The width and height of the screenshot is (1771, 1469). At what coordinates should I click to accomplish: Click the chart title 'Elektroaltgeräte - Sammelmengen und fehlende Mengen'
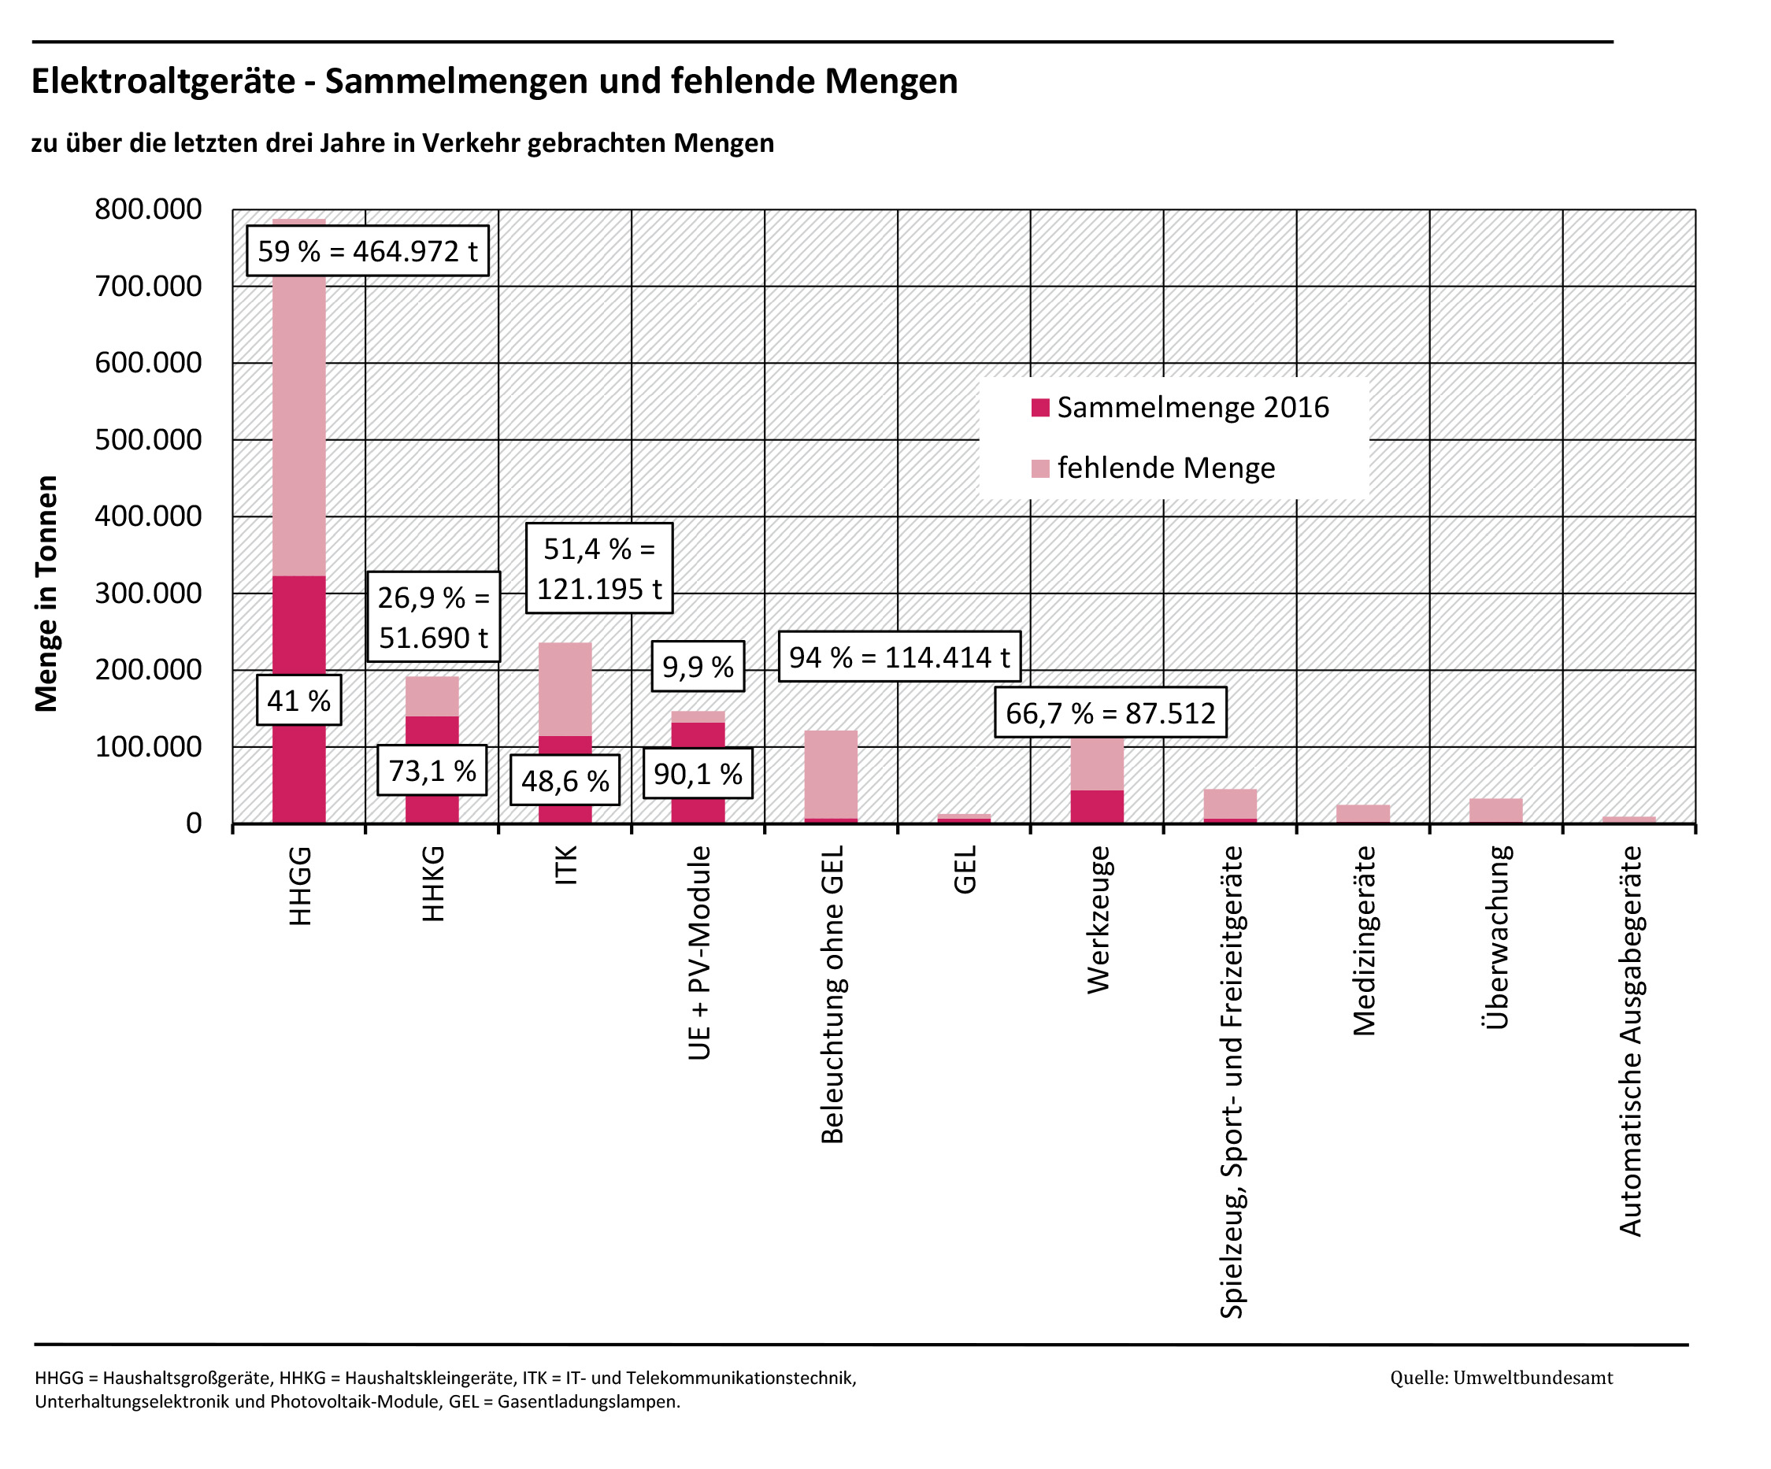tap(495, 82)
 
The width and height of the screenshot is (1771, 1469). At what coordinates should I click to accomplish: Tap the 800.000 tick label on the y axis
tap(148, 209)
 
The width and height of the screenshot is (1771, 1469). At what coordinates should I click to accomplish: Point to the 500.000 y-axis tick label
tap(148, 439)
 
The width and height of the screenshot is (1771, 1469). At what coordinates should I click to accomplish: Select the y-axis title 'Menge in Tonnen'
tap(46, 594)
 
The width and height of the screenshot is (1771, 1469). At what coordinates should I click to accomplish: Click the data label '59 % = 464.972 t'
tap(367, 251)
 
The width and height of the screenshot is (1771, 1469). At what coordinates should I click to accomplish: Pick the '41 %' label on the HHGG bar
tap(298, 701)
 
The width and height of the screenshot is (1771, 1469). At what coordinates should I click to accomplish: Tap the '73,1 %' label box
tap(432, 771)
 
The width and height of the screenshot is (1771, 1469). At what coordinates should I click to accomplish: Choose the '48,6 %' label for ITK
tap(565, 781)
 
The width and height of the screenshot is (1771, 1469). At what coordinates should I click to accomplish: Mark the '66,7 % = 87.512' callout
tap(1110, 713)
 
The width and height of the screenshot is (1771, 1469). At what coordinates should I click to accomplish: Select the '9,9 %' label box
tap(698, 667)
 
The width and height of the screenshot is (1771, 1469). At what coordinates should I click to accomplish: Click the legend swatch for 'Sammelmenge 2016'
tap(1041, 408)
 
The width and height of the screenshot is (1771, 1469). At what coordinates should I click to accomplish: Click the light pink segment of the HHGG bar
tap(298, 422)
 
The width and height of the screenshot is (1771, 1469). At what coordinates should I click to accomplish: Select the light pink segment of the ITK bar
tap(565, 690)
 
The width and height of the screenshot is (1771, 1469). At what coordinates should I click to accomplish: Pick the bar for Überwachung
tap(1495, 810)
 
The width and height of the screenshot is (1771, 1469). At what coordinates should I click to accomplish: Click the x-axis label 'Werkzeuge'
tap(1098, 920)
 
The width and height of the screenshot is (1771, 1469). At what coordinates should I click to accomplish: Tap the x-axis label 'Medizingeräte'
tap(1364, 941)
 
